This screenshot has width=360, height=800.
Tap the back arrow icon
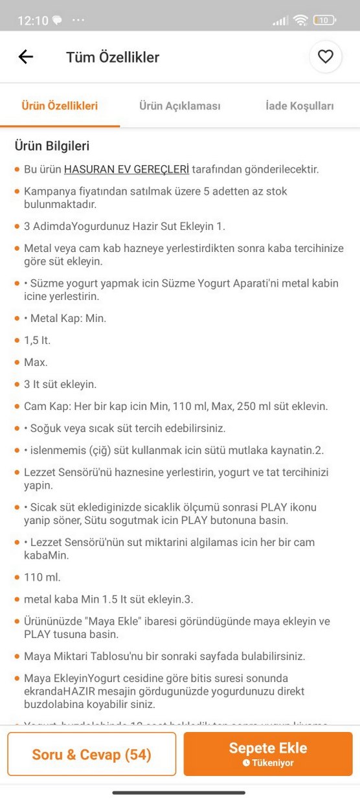tap(26, 57)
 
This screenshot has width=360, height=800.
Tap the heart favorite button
tap(325, 57)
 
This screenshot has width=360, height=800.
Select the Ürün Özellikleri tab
tap(60, 106)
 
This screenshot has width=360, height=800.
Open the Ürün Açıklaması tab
tap(180, 106)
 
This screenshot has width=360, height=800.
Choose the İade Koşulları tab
tap(299, 106)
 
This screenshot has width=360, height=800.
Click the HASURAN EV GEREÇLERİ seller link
tap(126, 170)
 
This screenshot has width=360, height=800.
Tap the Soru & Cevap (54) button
tap(91, 754)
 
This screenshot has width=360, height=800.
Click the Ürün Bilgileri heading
tap(52, 146)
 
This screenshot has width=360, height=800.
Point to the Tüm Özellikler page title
tap(113, 57)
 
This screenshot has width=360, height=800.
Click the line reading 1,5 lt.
tap(37, 340)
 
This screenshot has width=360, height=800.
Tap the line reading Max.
tap(36, 362)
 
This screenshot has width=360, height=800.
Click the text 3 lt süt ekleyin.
tap(60, 384)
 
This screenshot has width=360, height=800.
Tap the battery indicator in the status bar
tap(324, 20)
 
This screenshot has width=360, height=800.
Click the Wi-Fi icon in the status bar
tap(300, 20)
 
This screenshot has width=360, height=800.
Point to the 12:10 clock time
tap(32, 20)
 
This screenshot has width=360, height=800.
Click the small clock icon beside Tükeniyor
tap(246, 763)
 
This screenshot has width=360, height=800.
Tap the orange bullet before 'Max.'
tap(17, 362)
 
